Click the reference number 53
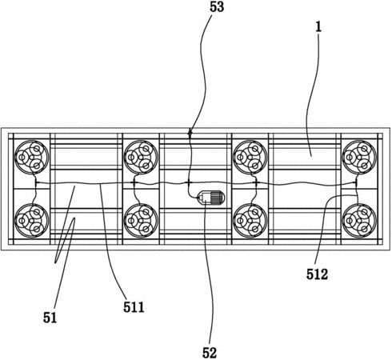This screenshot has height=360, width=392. click(217, 7)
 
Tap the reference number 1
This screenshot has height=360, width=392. click(318, 27)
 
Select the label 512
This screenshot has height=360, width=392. click(317, 274)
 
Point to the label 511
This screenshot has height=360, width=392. click(134, 307)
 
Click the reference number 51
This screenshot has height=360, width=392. click(50, 318)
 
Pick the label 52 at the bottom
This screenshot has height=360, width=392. click(210, 353)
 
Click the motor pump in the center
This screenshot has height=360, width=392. click(210, 198)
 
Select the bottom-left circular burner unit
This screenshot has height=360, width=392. click(32, 221)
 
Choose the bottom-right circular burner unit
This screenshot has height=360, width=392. click(359, 221)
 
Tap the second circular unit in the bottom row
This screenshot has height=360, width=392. click(141, 221)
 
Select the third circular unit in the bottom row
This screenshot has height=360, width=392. click(250, 221)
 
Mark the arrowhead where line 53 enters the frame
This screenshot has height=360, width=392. click(190, 132)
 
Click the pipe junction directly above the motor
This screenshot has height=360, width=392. click(189, 183)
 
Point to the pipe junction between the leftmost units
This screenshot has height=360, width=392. click(36, 182)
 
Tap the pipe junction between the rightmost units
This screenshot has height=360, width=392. click(356, 182)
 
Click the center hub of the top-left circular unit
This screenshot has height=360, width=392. click(32, 158)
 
